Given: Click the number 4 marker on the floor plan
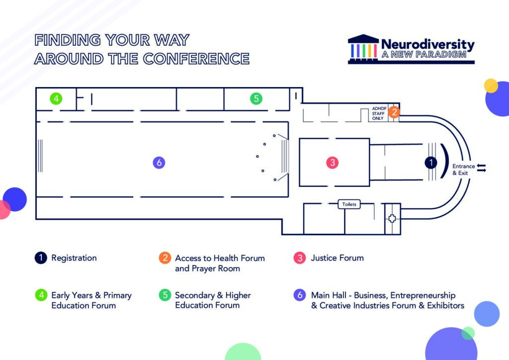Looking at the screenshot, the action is tap(56, 98).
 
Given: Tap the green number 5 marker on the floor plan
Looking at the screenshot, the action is tap(256, 98).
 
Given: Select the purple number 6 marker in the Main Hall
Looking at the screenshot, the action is tap(159, 162).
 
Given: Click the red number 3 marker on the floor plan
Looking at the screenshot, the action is tap(333, 162).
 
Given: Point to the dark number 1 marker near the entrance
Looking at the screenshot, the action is tap(431, 162).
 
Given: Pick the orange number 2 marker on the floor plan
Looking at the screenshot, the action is tap(394, 112).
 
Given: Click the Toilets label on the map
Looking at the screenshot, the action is tap(349, 204).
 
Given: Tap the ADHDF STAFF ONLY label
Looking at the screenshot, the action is tap(378, 113).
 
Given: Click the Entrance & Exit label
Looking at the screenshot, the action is tap(463, 170).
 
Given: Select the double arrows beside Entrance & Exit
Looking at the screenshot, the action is tap(481, 168).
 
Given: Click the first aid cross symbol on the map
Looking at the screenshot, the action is tap(392, 218).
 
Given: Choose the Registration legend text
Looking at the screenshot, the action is tap(74, 258).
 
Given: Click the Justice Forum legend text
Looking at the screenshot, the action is tap(338, 258).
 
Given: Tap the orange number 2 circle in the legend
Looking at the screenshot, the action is tap(165, 258).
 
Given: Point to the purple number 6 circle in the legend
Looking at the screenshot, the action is tap(300, 295).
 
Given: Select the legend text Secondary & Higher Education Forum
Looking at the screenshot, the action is tap(213, 300).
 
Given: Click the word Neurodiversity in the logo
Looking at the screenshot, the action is tap(428, 44).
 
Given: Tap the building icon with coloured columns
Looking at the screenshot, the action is tap(363, 49).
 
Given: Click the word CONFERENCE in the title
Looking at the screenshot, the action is tap(196, 59).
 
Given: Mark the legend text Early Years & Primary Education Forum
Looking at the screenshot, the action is tap(91, 300).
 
